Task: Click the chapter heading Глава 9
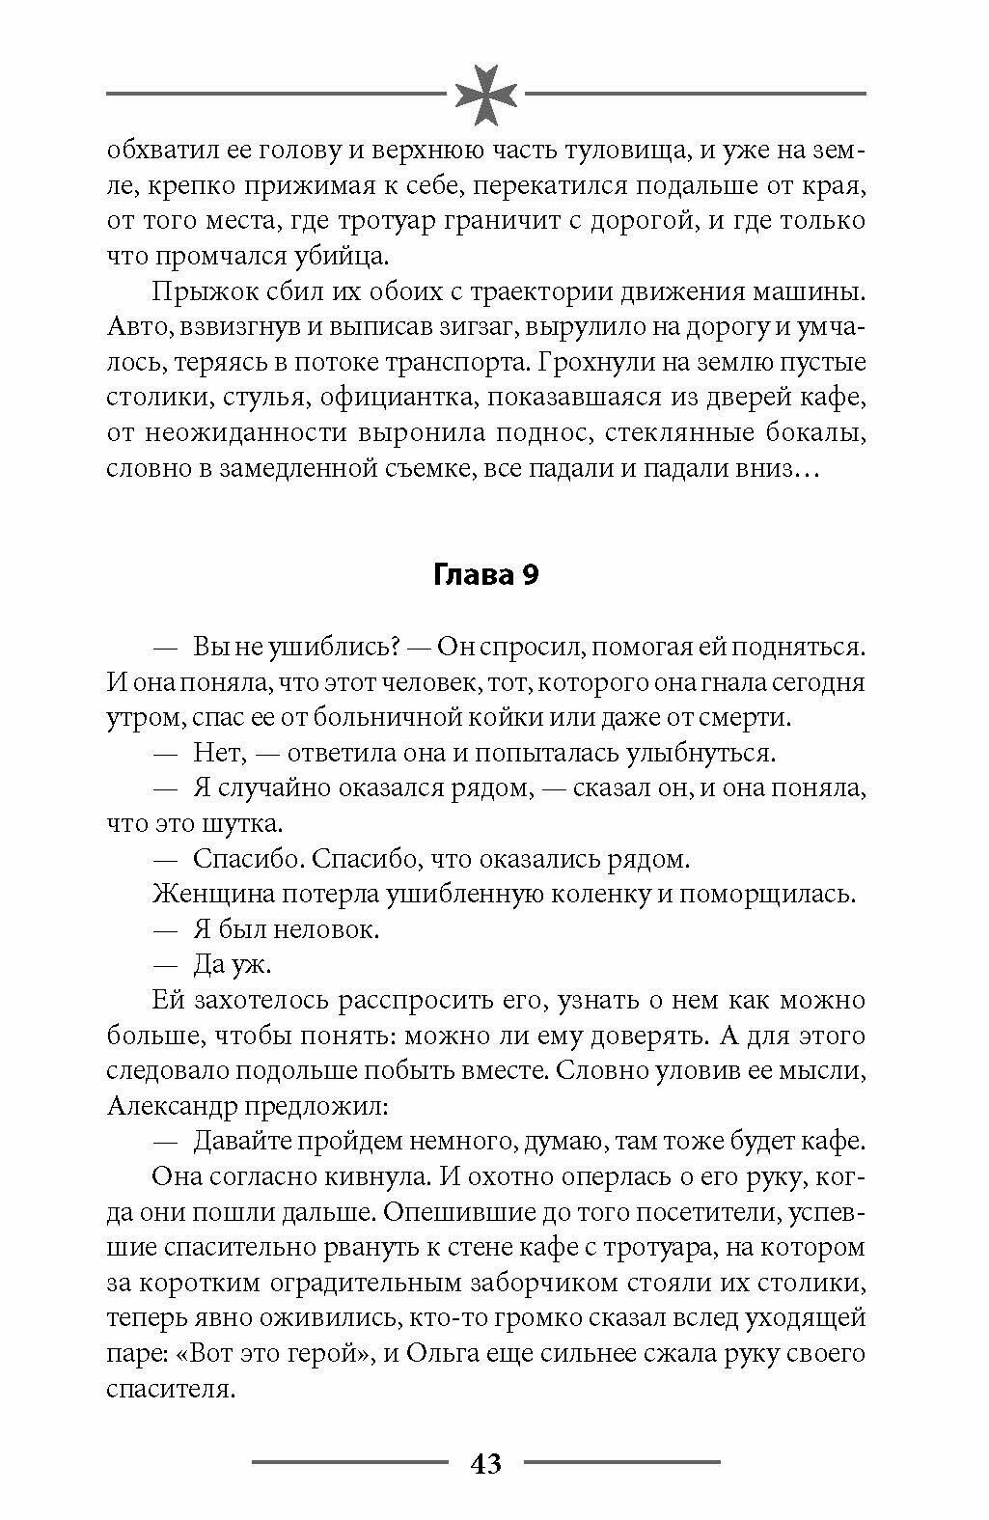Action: [485, 575]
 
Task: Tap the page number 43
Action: [486, 1463]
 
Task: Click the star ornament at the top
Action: [486, 94]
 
